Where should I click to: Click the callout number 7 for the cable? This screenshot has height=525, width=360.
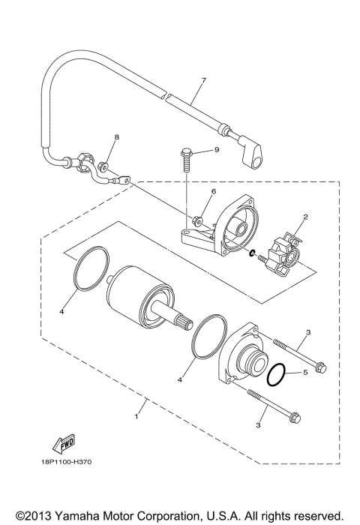[202, 79]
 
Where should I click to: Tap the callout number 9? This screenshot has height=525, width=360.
[216, 150]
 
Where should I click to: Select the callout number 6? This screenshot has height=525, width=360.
[213, 192]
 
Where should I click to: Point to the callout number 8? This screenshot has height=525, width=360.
[116, 138]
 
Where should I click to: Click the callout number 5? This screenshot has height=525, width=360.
[306, 373]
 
